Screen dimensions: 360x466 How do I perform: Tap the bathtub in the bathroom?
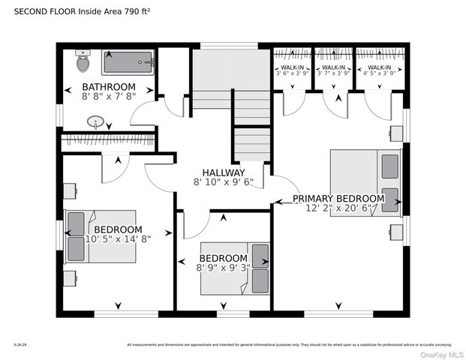(128, 62)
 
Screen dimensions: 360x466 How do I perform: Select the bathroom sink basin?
(96, 121)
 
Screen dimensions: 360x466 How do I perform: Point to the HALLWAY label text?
(224, 172)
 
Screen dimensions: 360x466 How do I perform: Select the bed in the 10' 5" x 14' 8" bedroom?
(101, 235)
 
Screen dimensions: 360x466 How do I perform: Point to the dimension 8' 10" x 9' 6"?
(224, 182)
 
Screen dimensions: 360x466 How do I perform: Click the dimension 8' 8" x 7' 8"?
(109, 97)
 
